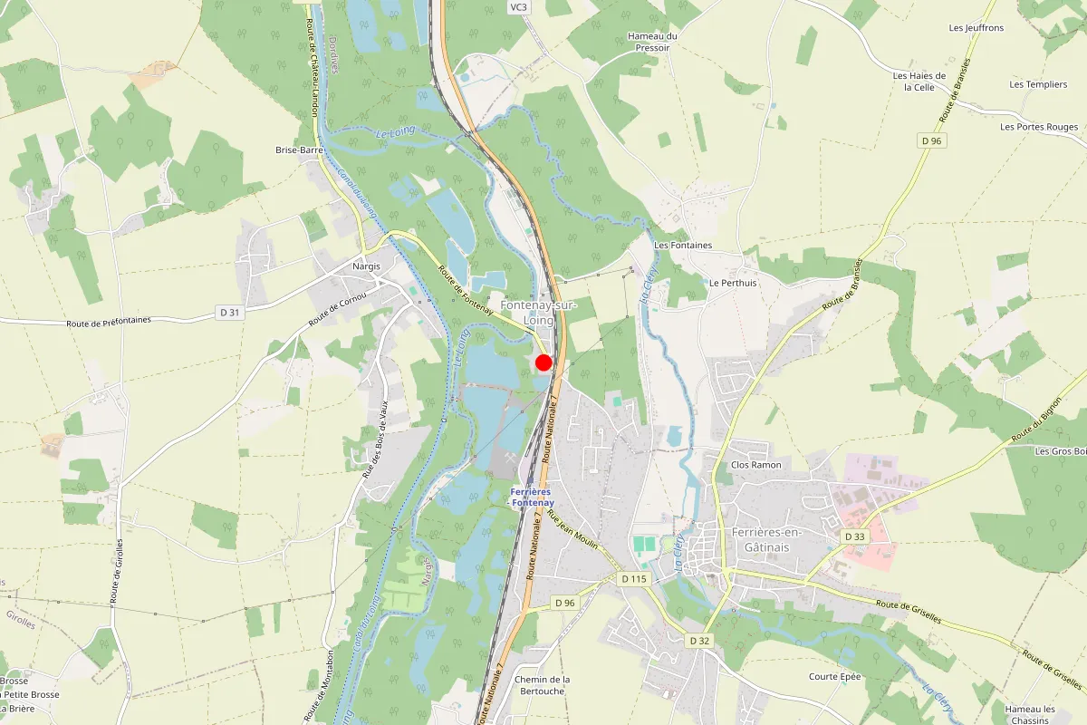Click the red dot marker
click(543, 362)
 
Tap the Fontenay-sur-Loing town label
click(539, 313)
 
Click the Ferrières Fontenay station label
click(532, 496)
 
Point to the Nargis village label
click(366, 266)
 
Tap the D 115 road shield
click(635, 578)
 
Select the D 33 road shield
click(855, 536)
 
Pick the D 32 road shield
click(698, 641)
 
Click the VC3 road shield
click(518, 7)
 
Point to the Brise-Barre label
click(299, 150)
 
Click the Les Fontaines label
click(683, 246)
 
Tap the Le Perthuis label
click(733, 283)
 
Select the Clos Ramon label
click(755, 465)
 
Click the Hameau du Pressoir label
click(652, 42)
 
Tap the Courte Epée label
click(835, 677)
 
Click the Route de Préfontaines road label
click(109, 322)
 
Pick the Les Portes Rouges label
click(1039, 127)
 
